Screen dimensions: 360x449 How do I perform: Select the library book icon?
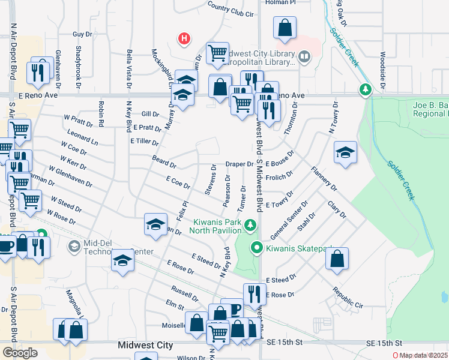(x=305, y=58)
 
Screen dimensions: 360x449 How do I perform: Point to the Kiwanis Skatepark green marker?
(x=257, y=247)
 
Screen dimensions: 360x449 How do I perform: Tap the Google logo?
(x=20, y=353)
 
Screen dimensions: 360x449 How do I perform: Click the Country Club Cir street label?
(x=231, y=9)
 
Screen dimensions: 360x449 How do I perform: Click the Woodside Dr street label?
(x=382, y=66)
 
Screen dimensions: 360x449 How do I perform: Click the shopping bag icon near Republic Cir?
(x=337, y=259)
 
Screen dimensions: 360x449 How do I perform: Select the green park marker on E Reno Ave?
(x=365, y=91)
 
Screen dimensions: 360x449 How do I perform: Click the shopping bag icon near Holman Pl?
(x=285, y=27)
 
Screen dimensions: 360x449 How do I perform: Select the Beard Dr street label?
(x=164, y=163)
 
